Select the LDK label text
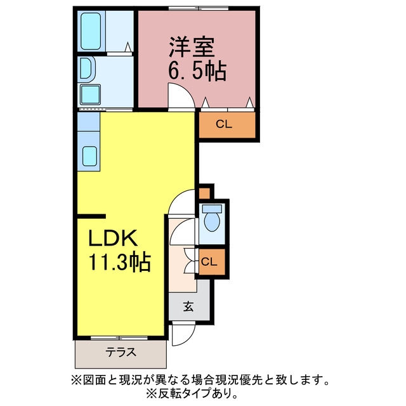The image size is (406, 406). tap(113, 238)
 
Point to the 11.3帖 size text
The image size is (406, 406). tap(120, 262)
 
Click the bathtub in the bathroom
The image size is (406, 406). tap(91, 31)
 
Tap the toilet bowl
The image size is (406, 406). tap(212, 218)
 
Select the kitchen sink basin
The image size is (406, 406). tap(90, 156)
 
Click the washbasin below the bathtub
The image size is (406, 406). tap(86, 69)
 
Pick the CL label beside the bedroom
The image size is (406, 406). tap(224, 124)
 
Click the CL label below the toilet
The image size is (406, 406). tap(209, 262)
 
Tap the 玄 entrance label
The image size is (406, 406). tap(189, 306)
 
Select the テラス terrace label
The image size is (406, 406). tap(121, 353)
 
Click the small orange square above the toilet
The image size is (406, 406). tap(204, 193)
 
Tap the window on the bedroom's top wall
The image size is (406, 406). tap(199, 8)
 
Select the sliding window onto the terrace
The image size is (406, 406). tap(119, 338)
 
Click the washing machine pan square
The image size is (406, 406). tap(90, 95)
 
